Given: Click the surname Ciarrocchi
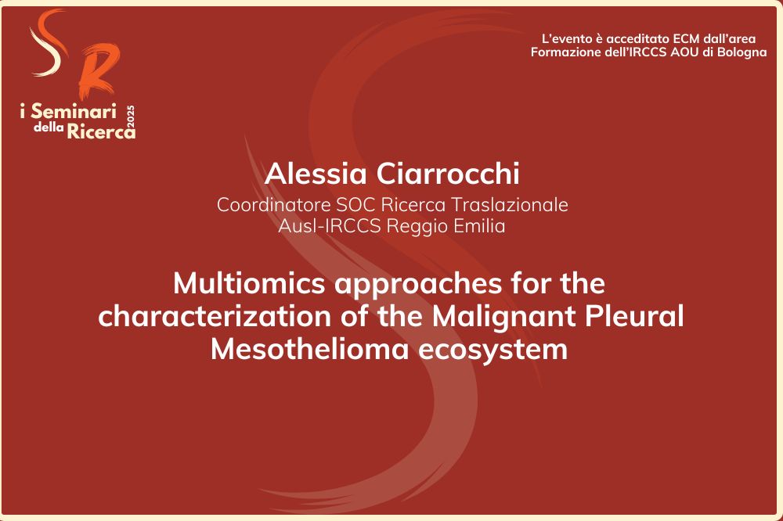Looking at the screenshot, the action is [448, 174].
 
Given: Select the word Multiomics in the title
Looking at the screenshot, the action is [249, 283].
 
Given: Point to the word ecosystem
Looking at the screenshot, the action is [493, 350].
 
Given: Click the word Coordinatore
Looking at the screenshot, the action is [273, 205].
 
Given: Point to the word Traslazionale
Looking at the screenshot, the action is [510, 205].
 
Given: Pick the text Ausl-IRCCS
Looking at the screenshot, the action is [330, 225].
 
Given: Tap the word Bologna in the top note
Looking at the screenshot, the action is [742, 52].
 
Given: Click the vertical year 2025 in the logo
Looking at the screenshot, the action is [131, 121].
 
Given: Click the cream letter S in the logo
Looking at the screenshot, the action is [49, 44].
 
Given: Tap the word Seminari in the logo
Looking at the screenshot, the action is [74, 111].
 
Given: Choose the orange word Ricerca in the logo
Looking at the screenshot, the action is [101, 130].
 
